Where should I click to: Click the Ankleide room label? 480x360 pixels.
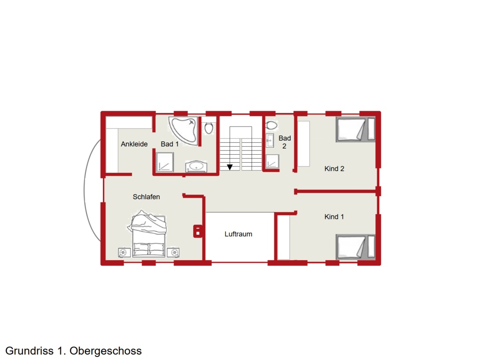click(134, 144)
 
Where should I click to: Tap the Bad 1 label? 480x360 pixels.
click(169, 144)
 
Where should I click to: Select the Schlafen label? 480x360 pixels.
click(147, 197)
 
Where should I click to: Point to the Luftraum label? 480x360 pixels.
click(238, 234)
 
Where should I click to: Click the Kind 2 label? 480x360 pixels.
click(334, 169)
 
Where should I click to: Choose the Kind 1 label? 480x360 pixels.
click(334, 217)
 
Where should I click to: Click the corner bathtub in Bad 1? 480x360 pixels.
click(183, 130)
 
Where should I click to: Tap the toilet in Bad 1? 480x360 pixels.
click(209, 127)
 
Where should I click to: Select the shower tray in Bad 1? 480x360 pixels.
click(165, 162)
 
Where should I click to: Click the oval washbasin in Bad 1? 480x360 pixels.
click(196, 167)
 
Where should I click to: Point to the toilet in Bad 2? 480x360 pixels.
click(271, 125)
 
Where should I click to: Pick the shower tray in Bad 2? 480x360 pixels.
click(272, 161)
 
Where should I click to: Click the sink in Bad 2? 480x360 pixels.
click(270, 141)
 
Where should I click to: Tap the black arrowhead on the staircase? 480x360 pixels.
click(230, 167)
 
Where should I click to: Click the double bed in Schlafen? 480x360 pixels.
click(148, 234)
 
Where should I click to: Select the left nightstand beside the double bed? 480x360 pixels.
click(124, 252)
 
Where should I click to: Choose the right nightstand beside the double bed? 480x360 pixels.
click(173, 252)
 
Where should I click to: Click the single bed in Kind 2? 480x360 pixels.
click(355, 129)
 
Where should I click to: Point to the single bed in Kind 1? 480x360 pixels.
click(355, 247)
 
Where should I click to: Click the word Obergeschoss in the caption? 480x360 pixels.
click(106, 351)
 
